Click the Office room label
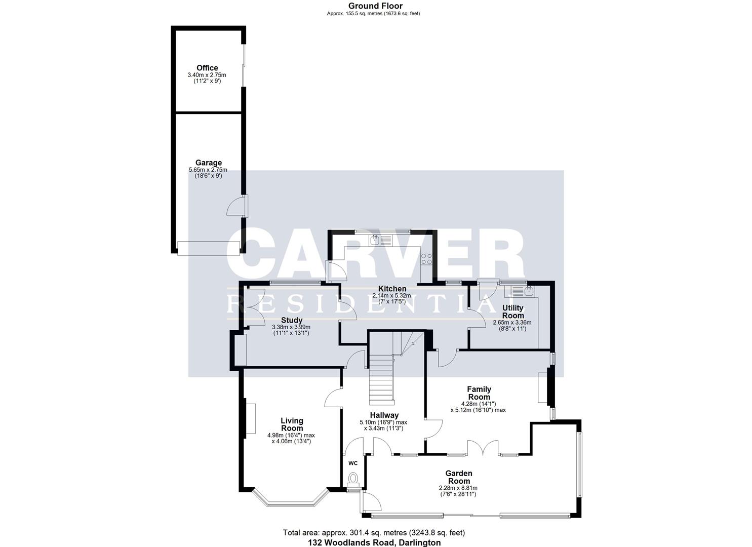(207, 68)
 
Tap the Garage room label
(208, 163)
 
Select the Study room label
(292, 320)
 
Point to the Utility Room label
(512, 311)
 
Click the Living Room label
(292, 424)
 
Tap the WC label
(353, 463)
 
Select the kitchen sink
(375, 240)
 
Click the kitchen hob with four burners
(426, 259)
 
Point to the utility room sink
(528, 291)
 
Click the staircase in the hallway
(382, 377)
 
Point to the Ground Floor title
(375, 6)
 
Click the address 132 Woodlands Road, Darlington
(374, 542)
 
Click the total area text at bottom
(374, 533)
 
